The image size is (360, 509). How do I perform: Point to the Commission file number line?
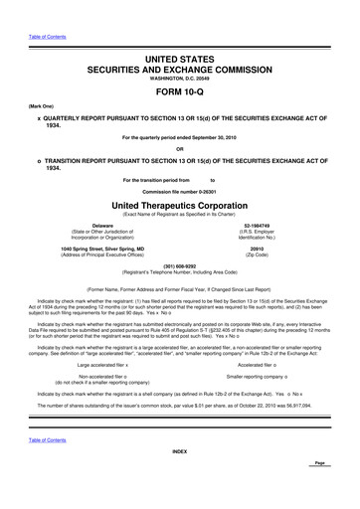point(179,190)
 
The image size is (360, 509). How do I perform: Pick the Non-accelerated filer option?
point(102,348)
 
